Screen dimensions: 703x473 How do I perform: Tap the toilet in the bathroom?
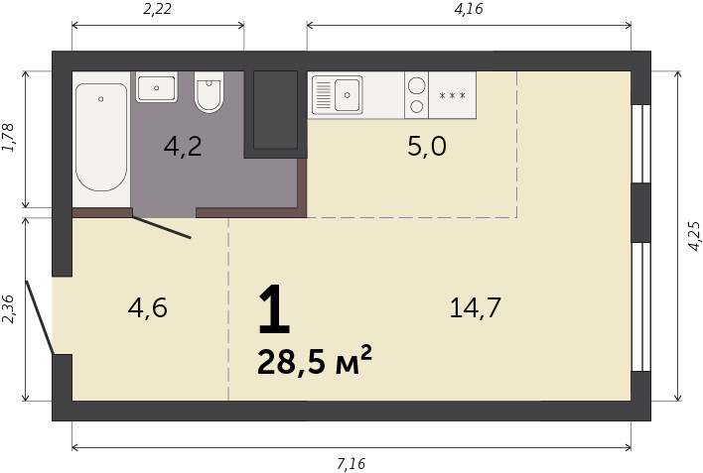tap(209, 92)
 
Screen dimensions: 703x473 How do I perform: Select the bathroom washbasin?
tap(157, 87)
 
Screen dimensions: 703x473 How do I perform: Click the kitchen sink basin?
tap(347, 95)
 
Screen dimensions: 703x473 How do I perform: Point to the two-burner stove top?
tap(416, 95)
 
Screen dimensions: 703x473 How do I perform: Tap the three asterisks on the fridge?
tap(453, 95)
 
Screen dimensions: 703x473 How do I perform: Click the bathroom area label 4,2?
tap(183, 147)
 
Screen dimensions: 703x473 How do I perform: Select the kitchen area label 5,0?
tap(427, 147)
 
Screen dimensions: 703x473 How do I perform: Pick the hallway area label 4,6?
tap(148, 307)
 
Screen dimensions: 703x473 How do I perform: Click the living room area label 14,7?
tap(476, 307)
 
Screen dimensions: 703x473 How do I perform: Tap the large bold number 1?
tap(274, 309)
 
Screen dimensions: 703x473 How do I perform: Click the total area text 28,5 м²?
tap(315, 361)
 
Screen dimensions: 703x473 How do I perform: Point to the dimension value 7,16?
tap(351, 464)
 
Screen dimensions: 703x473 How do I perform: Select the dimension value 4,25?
tap(694, 236)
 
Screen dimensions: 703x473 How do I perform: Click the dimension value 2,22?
tap(157, 9)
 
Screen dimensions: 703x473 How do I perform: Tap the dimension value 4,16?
tap(469, 9)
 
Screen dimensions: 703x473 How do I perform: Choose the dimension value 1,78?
tap(9, 137)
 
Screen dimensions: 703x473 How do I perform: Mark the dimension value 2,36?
tap(9, 309)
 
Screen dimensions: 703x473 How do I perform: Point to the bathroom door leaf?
tap(162, 227)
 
